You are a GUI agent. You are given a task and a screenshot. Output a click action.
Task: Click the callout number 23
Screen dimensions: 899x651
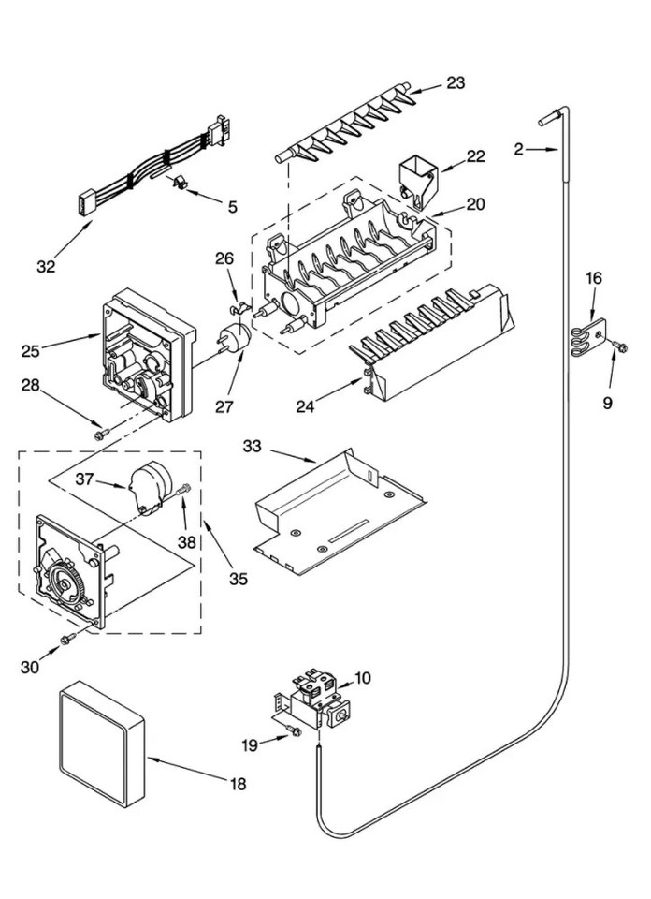point(455,83)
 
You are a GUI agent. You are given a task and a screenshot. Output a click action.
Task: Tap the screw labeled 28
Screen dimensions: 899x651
point(102,432)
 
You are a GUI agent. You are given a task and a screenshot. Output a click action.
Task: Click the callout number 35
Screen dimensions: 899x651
point(239,579)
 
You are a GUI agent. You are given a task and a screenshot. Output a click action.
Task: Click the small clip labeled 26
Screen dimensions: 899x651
point(239,303)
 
